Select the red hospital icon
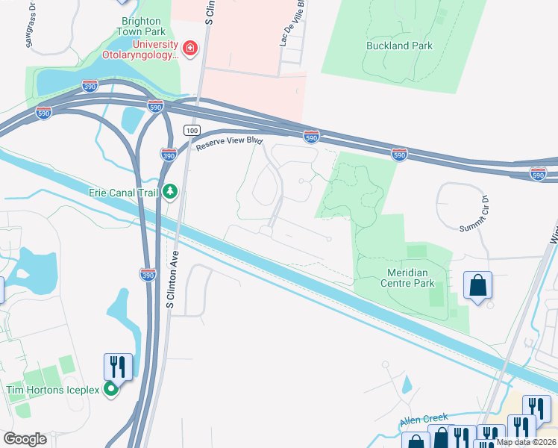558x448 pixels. pyautogui.click(x=190, y=49)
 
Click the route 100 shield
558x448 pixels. pyautogui.click(x=193, y=130)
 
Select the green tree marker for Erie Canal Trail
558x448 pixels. pyautogui.click(x=170, y=193)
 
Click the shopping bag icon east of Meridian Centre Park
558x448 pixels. pyautogui.click(x=477, y=286)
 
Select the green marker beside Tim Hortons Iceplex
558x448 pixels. pyautogui.click(x=111, y=389)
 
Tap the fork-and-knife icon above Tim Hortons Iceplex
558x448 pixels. pyautogui.click(x=118, y=367)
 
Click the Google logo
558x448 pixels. pyautogui.click(x=25, y=439)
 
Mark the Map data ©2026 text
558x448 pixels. pyautogui.click(x=525, y=442)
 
